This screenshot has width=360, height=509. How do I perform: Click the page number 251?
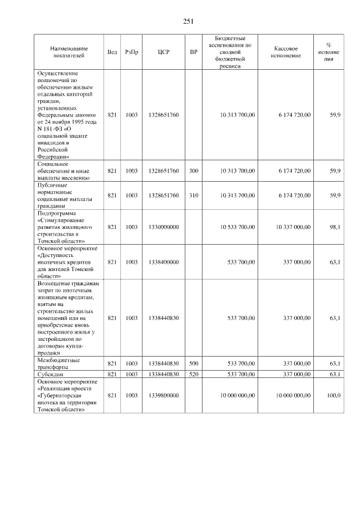click(x=188, y=21)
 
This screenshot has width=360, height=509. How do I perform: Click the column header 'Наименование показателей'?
click(x=67, y=52)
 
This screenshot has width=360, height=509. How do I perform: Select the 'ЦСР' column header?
click(x=164, y=52)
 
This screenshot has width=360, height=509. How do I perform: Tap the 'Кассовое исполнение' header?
click(x=286, y=52)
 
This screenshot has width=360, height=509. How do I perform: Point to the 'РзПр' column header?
click(x=132, y=52)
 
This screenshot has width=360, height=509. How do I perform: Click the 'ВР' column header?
click(x=193, y=52)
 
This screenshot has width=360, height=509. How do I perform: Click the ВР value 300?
click(x=193, y=170)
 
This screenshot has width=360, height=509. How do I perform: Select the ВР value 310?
click(x=193, y=195)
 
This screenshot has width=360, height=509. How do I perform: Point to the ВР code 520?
click(x=193, y=373)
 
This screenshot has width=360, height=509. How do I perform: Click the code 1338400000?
click(x=164, y=262)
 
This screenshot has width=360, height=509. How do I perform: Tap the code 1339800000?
click(x=164, y=395)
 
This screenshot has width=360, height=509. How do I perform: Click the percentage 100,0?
click(x=334, y=395)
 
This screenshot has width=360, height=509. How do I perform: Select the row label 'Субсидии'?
click(x=51, y=373)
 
